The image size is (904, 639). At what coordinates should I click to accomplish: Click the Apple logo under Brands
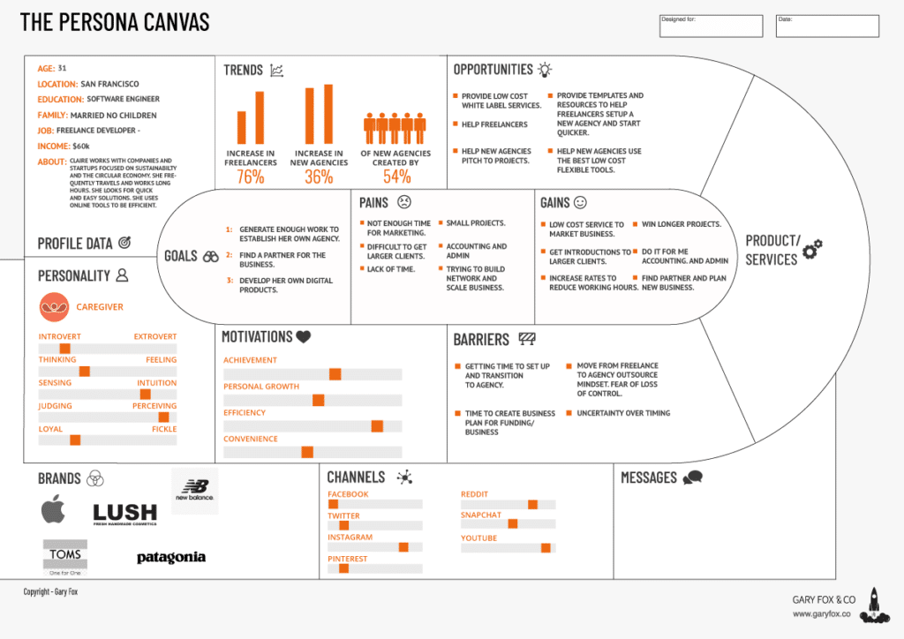coord(54,509)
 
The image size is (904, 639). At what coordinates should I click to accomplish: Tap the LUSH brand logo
coord(124,514)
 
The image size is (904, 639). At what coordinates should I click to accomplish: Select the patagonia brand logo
coord(171,558)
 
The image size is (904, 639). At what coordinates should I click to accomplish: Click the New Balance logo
coord(194,490)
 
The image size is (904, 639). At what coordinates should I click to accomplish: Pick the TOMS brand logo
coord(65,557)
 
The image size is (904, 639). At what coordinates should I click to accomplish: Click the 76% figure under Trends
coord(251,177)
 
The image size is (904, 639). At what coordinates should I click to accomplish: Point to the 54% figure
coord(396,177)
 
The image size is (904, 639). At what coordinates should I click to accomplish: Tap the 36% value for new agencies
coord(319,177)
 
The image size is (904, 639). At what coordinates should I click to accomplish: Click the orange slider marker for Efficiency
coord(377,426)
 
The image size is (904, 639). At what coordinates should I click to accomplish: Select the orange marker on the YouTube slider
coord(546,548)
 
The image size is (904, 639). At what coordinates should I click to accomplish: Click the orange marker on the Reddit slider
coord(532,504)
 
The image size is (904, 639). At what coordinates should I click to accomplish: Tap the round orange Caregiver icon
coord(55,307)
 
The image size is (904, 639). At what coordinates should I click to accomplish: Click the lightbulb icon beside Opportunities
coord(546,69)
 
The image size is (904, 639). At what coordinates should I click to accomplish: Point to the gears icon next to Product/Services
coord(812,248)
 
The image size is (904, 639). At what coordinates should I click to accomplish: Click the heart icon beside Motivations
coord(303,336)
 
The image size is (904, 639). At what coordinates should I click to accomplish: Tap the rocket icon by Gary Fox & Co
coord(873,604)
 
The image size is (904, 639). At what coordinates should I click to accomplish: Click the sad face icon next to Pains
coord(403,202)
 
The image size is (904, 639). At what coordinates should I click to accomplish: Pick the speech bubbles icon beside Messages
coord(692,477)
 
